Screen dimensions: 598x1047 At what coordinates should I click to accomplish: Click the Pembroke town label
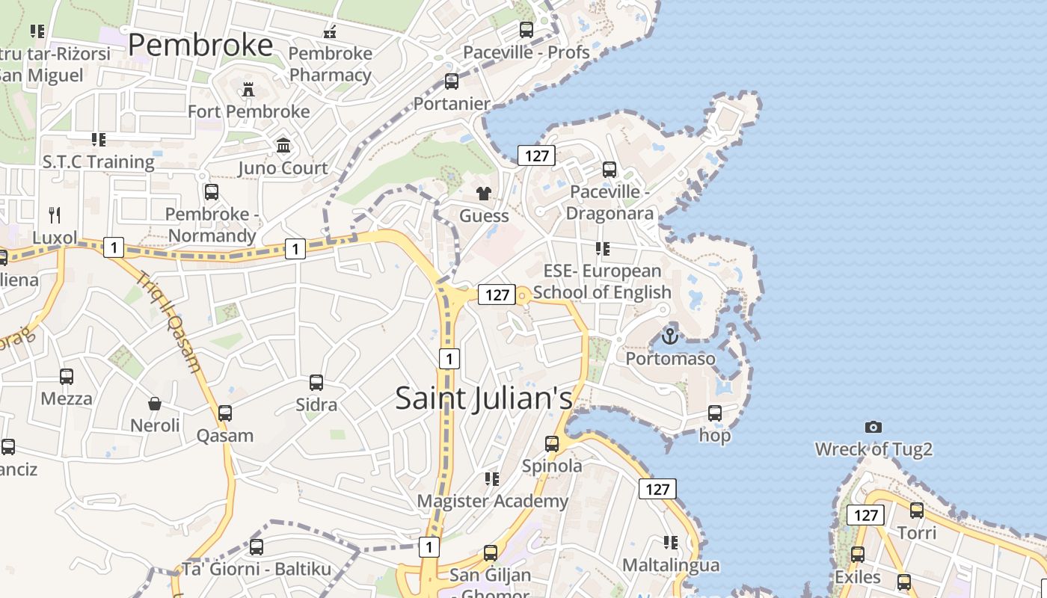tap(200, 46)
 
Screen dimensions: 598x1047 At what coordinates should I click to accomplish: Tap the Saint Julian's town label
tap(484, 398)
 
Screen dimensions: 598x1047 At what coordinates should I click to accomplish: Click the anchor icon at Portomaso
tap(670, 336)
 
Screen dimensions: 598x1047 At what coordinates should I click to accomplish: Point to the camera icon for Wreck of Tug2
tap(873, 428)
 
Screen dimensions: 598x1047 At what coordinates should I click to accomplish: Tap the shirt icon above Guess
tap(484, 194)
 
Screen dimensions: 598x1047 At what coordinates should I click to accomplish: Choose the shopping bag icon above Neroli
tap(155, 404)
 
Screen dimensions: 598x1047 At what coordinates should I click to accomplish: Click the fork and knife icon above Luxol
tap(55, 216)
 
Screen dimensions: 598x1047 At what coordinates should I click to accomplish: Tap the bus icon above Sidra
tap(316, 383)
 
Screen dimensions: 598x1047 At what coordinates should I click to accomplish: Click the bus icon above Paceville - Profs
tap(526, 30)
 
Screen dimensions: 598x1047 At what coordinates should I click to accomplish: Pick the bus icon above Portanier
tap(452, 81)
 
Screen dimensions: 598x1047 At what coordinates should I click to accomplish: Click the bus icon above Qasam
tap(225, 413)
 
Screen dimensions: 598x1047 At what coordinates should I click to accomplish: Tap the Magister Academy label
tap(493, 501)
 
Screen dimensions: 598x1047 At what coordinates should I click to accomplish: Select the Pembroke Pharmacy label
tap(331, 64)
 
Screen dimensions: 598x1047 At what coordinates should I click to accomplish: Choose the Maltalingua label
tap(671, 565)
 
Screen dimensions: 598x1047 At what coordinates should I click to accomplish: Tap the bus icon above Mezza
tap(67, 377)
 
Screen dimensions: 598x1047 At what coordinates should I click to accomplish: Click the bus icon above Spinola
tap(552, 444)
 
